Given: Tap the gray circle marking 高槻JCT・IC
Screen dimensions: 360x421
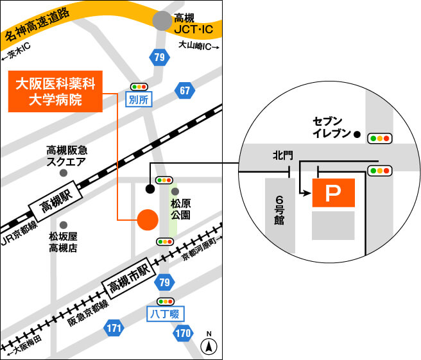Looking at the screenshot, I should (163, 21).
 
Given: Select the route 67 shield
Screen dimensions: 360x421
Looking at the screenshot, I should (185, 90).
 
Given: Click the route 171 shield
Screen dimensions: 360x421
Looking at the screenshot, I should (114, 329).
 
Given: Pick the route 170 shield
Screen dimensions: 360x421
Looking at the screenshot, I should (183, 333).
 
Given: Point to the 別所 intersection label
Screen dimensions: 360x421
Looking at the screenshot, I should (139, 99).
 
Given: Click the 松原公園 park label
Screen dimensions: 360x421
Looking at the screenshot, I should (180, 208).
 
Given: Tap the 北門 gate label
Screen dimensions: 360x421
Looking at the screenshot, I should (282, 155).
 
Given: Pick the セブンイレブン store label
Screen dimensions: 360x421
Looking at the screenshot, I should (331, 127).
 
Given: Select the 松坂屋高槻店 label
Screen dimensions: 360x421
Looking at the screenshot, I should (64, 241).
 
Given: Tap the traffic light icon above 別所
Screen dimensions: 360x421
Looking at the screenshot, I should (139, 86).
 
